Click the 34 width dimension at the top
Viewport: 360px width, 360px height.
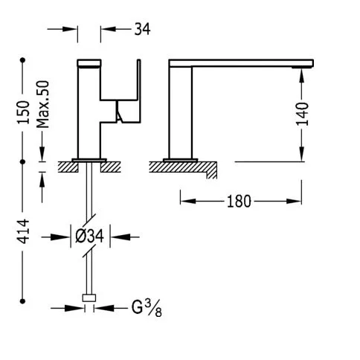[x=142, y=29]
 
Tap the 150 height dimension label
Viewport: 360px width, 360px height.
[x=23, y=112]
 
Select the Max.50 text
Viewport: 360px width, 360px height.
[x=43, y=104]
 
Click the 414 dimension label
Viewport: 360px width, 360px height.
[x=23, y=231]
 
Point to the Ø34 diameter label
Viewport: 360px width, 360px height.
[x=89, y=236]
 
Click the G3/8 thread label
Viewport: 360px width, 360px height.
[x=147, y=308]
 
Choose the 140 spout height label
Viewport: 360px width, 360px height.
[x=303, y=114]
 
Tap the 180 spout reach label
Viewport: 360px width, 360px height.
[x=239, y=202]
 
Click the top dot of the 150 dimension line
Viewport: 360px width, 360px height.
[x=23, y=60]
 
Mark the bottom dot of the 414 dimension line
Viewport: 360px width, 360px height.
[x=23, y=301]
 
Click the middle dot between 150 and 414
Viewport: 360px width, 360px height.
[x=23, y=161]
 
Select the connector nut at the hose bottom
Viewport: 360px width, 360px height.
[x=89, y=298]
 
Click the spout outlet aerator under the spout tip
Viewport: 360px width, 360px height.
[x=302, y=67]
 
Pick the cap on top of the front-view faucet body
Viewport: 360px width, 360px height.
[x=89, y=63]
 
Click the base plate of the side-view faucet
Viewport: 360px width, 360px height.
[x=181, y=160]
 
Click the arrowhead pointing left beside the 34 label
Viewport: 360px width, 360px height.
[x=109, y=29]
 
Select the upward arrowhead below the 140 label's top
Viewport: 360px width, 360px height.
[x=302, y=77]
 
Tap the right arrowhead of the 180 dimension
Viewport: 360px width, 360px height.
[x=294, y=201]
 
